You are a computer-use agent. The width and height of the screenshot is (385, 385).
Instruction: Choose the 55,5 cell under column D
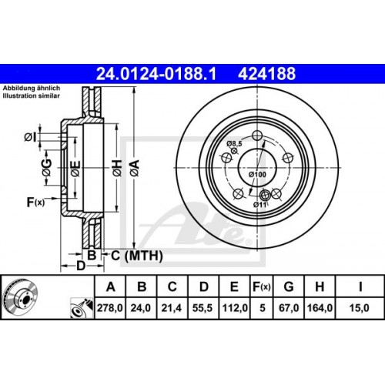[204, 308]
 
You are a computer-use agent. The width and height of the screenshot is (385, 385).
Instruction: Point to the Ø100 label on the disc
[256, 176]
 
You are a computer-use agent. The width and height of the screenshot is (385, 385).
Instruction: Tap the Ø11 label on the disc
[261, 204]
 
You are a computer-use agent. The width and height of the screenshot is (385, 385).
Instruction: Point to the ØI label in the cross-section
[30, 136]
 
